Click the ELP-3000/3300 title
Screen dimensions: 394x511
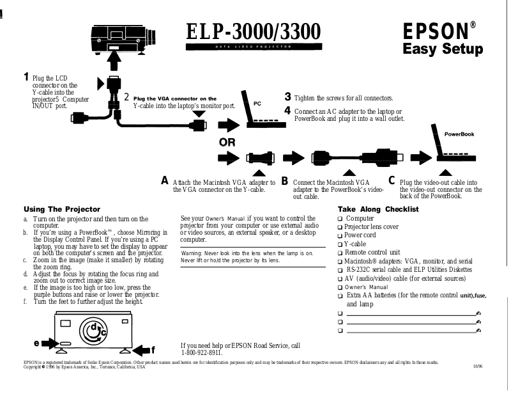point(253,31)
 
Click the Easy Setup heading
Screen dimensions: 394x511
point(442,50)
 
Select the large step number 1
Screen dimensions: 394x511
point(26,77)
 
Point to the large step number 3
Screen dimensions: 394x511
point(288,97)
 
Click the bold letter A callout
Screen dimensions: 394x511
point(165,181)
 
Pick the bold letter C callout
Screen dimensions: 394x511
point(392,181)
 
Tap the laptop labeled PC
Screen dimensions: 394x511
point(259,109)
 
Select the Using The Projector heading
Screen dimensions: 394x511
point(62,209)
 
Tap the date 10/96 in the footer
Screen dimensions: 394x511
point(478,366)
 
